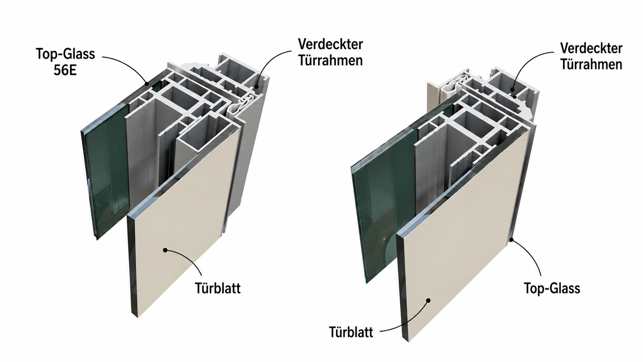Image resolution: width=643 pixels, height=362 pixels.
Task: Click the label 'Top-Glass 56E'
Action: pyautogui.click(x=65, y=62)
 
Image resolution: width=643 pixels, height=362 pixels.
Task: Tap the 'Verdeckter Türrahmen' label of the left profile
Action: pyautogui.click(x=330, y=52)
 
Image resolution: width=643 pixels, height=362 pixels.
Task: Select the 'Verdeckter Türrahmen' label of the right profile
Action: pyautogui.click(x=591, y=56)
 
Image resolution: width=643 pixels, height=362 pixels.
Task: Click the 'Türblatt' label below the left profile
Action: pyautogui.click(x=218, y=288)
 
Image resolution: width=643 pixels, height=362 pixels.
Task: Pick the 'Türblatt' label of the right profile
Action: pyautogui.click(x=351, y=332)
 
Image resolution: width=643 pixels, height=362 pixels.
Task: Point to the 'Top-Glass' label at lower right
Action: pyautogui.click(x=552, y=288)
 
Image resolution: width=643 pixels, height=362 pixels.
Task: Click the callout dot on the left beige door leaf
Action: pyautogui.click(x=165, y=250)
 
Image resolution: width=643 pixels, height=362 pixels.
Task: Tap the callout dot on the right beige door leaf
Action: pyautogui.click(x=428, y=300)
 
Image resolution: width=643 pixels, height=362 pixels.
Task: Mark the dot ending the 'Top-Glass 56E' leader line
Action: pyautogui.click(x=147, y=84)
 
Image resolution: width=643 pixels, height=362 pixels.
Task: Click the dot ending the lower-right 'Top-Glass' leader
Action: pyautogui.click(x=511, y=239)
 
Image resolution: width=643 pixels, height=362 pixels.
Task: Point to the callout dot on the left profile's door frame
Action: pyautogui.click(x=257, y=86)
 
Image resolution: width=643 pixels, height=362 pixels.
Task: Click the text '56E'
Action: pyautogui.click(x=65, y=70)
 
